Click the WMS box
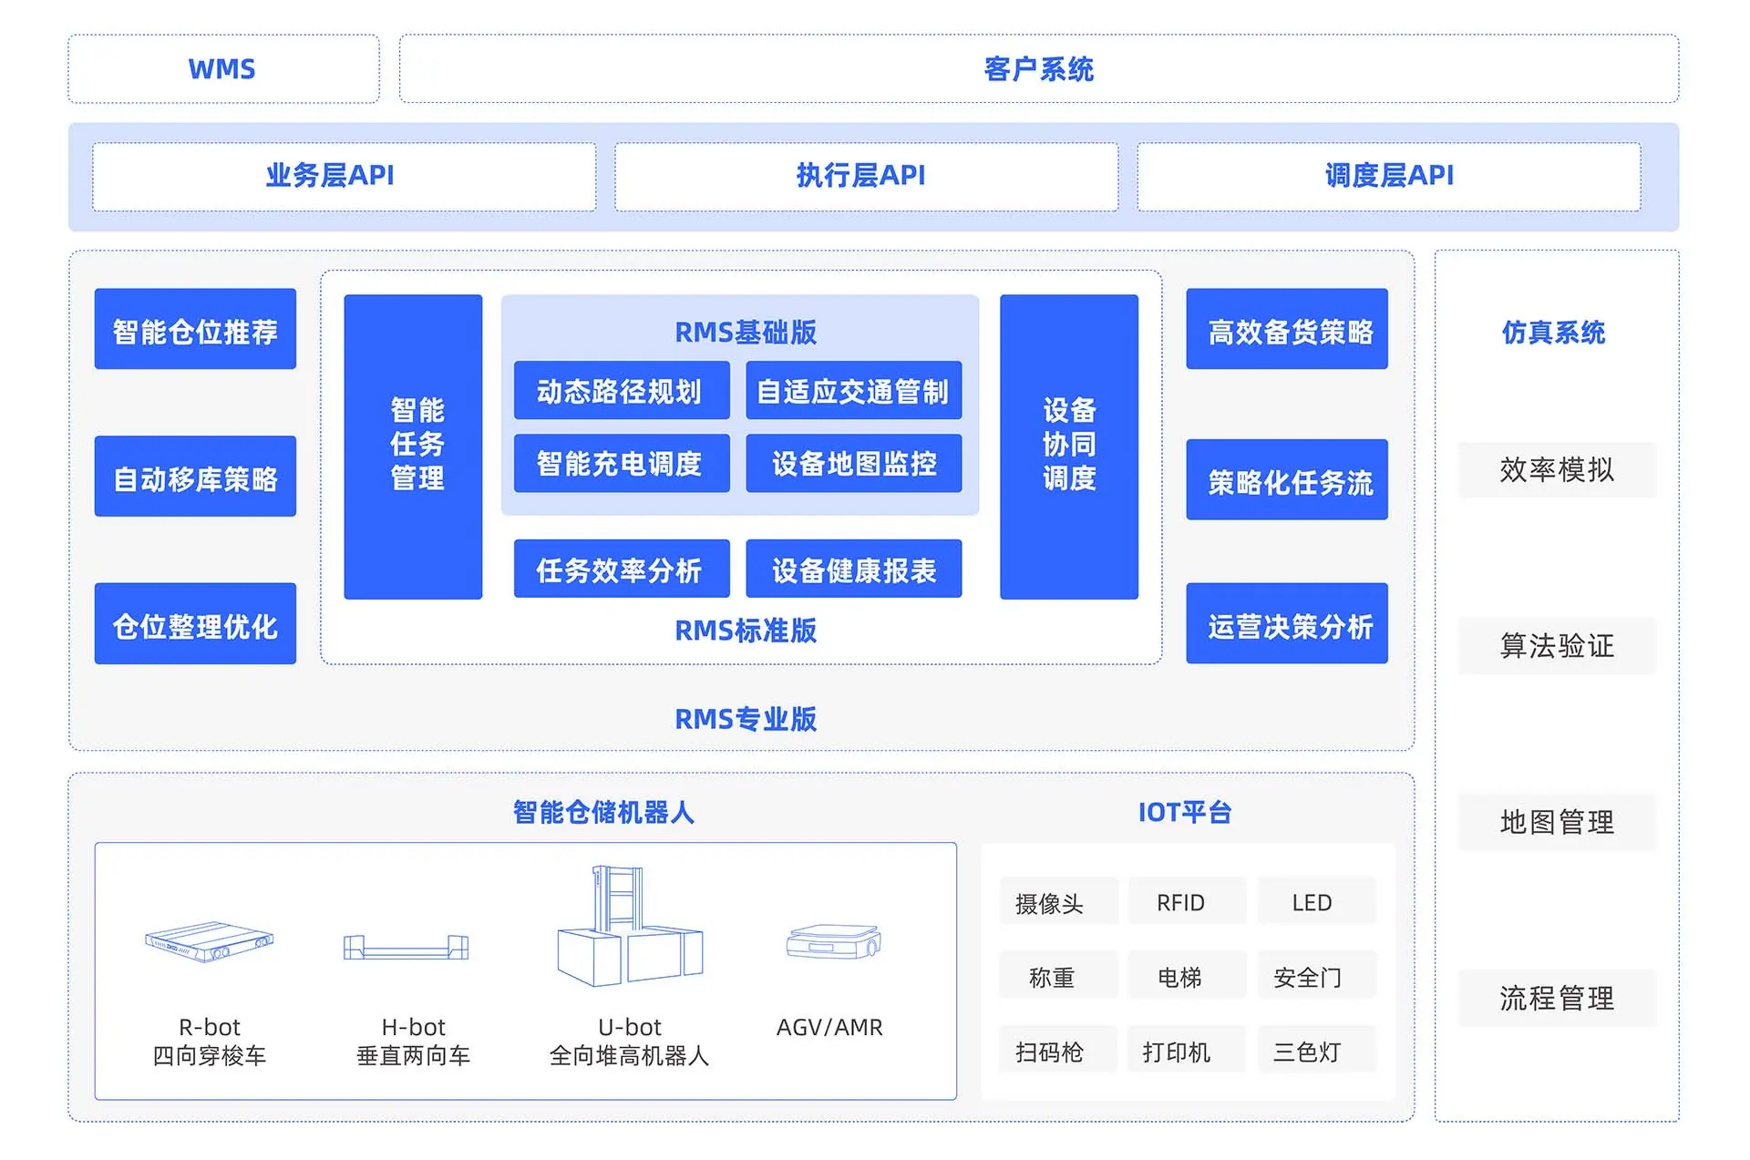click(223, 69)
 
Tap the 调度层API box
click(1388, 176)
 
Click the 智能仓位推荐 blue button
click(195, 330)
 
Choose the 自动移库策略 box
click(195, 477)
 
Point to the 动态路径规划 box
click(621, 391)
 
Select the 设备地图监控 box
click(853, 464)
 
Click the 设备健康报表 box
click(853, 570)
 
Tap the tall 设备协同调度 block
click(1068, 446)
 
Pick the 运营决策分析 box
click(1286, 624)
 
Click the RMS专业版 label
click(745, 719)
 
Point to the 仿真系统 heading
click(1554, 333)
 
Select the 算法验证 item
click(1557, 646)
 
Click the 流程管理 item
click(1557, 998)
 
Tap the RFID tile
click(1181, 902)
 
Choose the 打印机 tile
click(1178, 1052)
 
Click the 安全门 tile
click(1308, 977)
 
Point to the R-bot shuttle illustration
click(210, 941)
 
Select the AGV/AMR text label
click(829, 1027)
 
